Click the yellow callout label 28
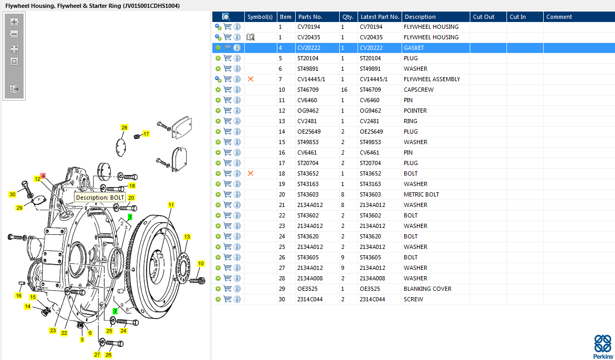(x=124, y=128)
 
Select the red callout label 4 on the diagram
(x=43, y=176)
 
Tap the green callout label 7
(x=115, y=311)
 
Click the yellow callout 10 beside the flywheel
(x=201, y=264)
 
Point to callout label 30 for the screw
(x=13, y=194)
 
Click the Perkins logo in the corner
(x=602, y=346)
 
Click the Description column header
(x=420, y=17)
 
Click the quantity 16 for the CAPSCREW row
(x=344, y=90)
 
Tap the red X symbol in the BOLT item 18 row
(x=251, y=173)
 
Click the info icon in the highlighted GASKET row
(x=237, y=48)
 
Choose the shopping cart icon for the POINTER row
(x=228, y=111)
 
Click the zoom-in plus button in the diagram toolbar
(x=14, y=22)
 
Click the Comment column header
(x=559, y=17)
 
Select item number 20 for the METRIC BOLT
(x=282, y=194)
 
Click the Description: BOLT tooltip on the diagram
(x=100, y=198)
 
